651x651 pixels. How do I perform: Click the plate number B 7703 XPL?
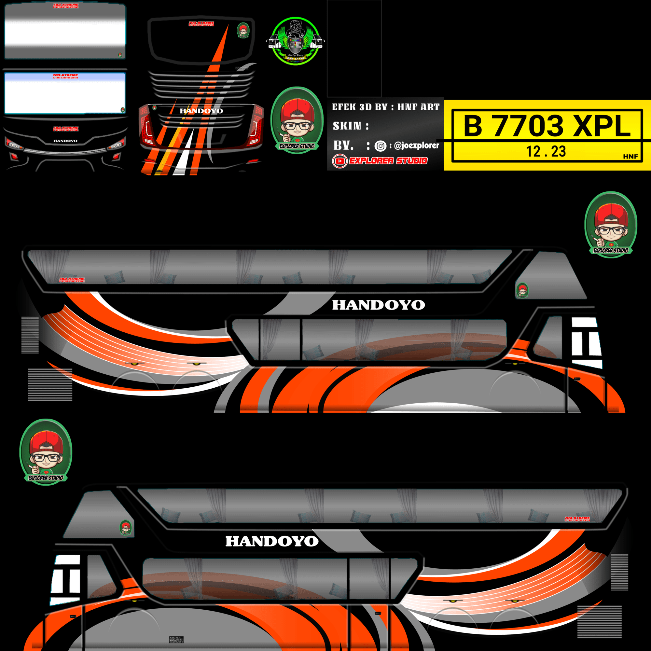click(547, 126)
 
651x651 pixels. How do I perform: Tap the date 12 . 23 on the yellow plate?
click(546, 151)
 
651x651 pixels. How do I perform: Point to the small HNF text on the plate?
click(630, 156)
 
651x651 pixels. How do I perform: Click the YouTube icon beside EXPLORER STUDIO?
click(339, 161)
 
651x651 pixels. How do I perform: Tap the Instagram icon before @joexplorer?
click(381, 146)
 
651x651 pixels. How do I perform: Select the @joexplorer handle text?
click(417, 145)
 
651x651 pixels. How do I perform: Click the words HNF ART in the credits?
click(419, 107)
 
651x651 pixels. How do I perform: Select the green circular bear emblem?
click(296, 41)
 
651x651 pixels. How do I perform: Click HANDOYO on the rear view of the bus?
click(201, 111)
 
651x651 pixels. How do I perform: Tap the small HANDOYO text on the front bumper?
click(65, 141)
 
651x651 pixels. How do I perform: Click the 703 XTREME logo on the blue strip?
click(65, 76)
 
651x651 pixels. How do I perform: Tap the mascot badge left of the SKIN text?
click(297, 120)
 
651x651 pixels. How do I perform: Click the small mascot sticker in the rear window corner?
click(243, 30)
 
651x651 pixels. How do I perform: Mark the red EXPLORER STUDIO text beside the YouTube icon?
click(388, 161)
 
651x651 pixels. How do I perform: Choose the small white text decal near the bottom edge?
click(176, 640)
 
